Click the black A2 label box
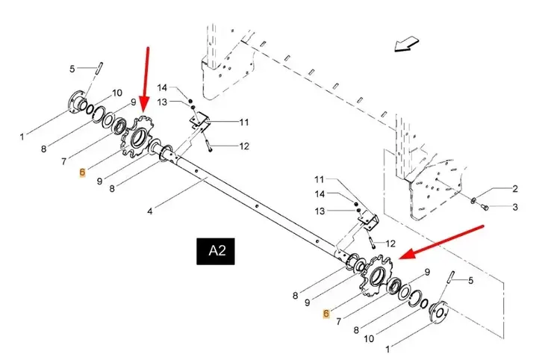[x=216, y=251]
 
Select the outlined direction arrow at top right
[x=406, y=45]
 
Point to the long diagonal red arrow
[x=441, y=242]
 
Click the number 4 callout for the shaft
[x=150, y=211]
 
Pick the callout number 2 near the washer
[x=515, y=189]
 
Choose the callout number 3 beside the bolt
[x=515, y=208]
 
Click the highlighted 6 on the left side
[x=82, y=173]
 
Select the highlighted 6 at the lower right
[x=326, y=314]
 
